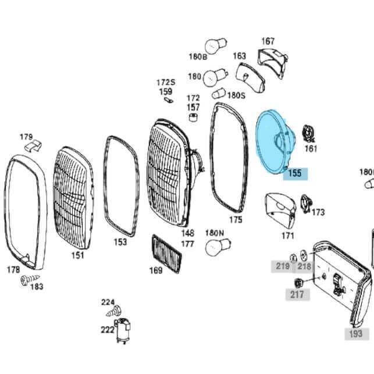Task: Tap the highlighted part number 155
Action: [295, 173]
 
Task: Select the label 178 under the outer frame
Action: [13, 270]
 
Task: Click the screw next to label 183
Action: [29, 280]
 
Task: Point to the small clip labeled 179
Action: [33, 145]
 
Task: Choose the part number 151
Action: [78, 255]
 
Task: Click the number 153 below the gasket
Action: [120, 242]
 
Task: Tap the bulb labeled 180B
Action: [216, 46]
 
